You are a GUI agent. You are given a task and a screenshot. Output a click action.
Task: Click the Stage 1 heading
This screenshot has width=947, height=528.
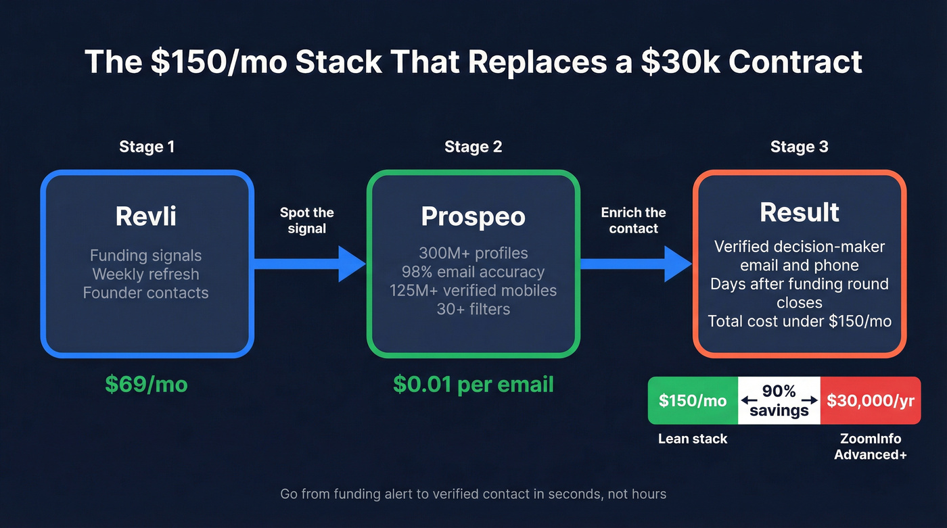tap(147, 147)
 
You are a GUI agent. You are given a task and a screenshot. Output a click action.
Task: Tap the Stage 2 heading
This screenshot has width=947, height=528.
tap(473, 147)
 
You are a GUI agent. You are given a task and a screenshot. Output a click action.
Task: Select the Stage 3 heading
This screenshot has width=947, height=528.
tap(799, 147)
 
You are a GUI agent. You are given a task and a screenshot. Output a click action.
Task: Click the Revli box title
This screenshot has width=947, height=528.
tap(147, 216)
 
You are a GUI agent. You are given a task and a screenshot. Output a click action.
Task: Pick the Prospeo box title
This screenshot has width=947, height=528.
tap(473, 216)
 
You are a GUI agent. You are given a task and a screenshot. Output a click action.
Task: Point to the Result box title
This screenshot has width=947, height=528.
tap(799, 212)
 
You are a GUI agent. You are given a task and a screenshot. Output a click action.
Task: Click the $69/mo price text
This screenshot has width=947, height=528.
tap(147, 384)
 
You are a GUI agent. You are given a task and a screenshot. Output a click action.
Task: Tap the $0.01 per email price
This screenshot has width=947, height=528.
tap(473, 384)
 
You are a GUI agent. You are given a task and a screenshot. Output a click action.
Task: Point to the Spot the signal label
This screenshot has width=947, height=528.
tap(306, 220)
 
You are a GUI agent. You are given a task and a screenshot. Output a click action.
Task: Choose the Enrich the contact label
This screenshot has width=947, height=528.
tap(633, 220)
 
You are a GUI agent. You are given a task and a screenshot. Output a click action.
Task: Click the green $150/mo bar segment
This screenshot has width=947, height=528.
tap(693, 401)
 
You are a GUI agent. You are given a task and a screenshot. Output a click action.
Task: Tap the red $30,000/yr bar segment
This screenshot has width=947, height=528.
tap(870, 401)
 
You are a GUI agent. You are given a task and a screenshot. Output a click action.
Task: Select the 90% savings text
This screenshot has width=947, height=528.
tap(779, 401)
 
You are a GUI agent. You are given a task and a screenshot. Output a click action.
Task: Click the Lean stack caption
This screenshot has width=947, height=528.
tap(693, 439)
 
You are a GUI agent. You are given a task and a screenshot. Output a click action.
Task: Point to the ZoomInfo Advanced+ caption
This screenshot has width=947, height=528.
tap(870, 446)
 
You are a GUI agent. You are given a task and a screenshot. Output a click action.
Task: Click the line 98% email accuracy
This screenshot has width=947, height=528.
tap(473, 272)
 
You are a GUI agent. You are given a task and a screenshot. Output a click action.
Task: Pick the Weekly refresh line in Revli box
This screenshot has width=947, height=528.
tap(146, 274)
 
